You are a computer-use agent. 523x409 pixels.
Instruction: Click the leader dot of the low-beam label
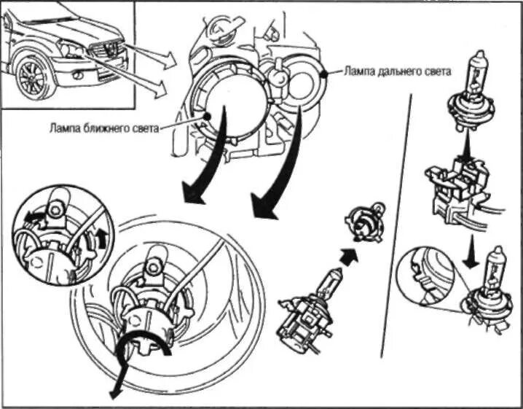pos(208,117)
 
